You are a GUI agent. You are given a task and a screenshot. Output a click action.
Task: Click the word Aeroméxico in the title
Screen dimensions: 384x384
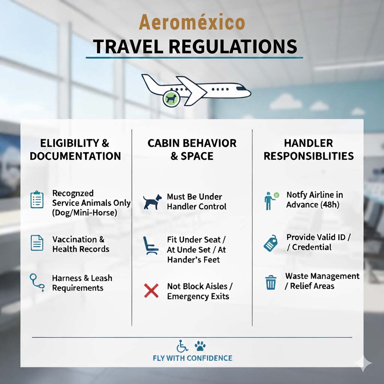click(192, 22)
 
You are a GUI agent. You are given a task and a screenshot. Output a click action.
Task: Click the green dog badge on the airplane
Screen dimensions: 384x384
click(171, 99)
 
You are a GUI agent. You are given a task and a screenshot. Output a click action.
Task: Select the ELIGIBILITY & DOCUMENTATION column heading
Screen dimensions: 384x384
click(75, 149)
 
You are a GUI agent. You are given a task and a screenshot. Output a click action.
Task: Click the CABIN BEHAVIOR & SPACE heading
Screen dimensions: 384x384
click(192, 149)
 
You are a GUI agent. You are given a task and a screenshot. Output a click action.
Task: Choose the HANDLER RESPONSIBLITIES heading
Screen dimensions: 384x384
click(309, 149)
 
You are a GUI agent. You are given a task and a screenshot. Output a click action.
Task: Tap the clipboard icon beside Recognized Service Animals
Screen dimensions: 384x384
click(37, 199)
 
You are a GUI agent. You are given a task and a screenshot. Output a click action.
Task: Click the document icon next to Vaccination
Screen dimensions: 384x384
click(37, 243)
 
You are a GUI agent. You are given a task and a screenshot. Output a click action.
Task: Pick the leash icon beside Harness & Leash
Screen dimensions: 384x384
click(37, 283)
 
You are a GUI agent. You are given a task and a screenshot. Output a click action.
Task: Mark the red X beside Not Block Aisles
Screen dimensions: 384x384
click(151, 291)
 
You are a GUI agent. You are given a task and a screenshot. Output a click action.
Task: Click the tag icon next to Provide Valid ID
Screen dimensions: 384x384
click(271, 243)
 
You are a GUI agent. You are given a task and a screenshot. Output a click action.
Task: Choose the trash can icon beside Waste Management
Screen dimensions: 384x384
click(271, 282)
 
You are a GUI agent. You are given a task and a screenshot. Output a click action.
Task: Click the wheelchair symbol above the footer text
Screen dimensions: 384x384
click(182, 346)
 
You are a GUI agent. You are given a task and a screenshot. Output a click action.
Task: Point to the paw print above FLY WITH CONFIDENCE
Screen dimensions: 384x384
click(200, 346)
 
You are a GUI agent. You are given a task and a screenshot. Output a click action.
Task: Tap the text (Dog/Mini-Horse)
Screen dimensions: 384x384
click(84, 213)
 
